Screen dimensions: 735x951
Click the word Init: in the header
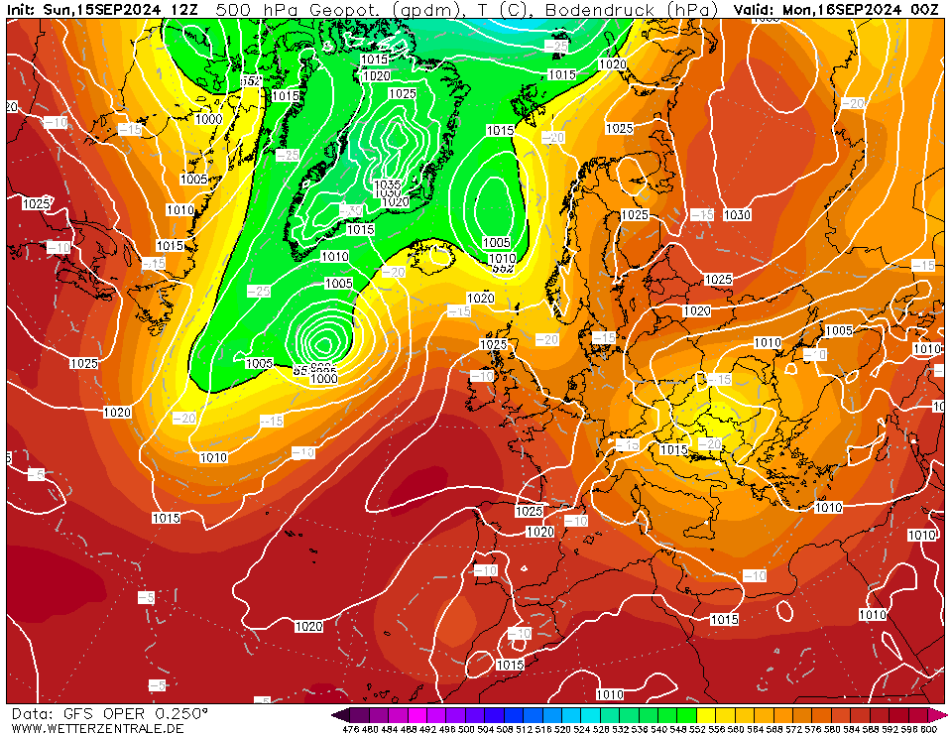coord(22,9)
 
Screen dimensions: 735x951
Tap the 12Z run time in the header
coord(183,9)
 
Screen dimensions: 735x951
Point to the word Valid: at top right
coord(756,9)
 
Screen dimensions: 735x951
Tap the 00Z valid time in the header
coord(925,9)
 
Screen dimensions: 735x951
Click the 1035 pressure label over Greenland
coord(388,184)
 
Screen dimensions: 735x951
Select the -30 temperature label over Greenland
coord(349,210)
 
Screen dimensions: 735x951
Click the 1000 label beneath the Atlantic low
coord(323,379)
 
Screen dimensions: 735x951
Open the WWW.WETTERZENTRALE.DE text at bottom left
coord(97,728)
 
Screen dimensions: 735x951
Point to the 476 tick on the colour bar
coord(350,729)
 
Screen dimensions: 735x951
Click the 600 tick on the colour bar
coord(928,729)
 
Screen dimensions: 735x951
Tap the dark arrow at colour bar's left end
coord(340,714)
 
